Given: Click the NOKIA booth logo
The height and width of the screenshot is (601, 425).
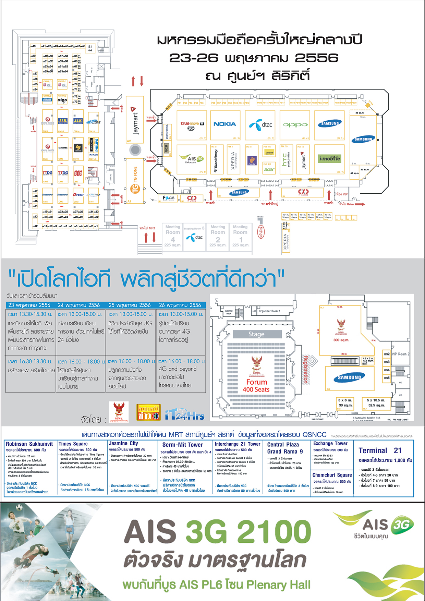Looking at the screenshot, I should tap(224, 124).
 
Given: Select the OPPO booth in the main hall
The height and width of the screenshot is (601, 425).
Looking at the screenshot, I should tap(295, 125).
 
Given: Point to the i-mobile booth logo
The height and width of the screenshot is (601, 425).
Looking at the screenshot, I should tap(330, 158).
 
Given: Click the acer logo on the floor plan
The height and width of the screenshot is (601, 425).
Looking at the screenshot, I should tap(269, 169).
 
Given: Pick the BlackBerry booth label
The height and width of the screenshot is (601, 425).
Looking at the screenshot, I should tap(216, 160).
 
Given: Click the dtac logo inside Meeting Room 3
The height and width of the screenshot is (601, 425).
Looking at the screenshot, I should tap(194, 237).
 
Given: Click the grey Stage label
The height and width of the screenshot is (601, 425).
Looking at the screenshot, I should tap(257, 334).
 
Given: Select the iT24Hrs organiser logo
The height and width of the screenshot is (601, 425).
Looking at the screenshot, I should tap(185, 415).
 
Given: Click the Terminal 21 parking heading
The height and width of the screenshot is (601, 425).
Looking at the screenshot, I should tap(380, 450).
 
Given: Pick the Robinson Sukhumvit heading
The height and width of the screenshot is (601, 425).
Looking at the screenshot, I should tap(29, 444).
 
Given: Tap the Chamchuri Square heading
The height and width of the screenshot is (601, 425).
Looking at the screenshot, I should tap(332, 475).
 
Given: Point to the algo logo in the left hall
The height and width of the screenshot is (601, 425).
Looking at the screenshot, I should tap(62, 100).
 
